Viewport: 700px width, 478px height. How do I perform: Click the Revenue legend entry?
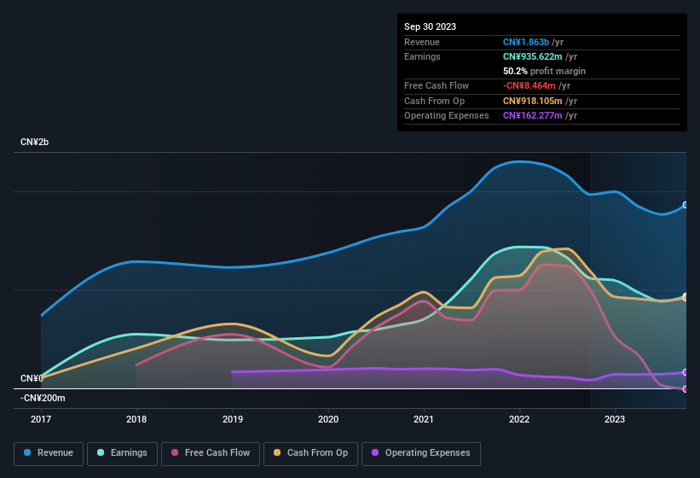(x=49, y=453)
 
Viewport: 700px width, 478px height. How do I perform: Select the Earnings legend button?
(x=123, y=453)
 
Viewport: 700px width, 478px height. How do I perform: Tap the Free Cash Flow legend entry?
(x=211, y=453)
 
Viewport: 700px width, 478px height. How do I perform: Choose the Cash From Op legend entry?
(x=310, y=453)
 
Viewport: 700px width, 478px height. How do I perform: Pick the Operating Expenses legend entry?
(x=421, y=453)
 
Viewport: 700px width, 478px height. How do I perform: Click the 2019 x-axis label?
(x=233, y=419)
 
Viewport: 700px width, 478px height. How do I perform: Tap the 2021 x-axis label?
(x=424, y=419)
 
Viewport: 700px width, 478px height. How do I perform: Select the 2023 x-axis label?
(x=615, y=419)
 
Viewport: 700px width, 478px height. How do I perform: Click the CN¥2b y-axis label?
(x=35, y=142)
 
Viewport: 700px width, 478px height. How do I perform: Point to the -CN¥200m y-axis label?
(x=43, y=398)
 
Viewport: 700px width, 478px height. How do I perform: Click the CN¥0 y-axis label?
(x=32, y=378)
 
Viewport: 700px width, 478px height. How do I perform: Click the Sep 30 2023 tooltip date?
(x=431, y=26)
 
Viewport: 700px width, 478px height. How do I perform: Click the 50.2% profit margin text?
(x=544, y=71)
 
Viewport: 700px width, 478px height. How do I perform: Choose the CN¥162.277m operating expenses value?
(x=533, y=115)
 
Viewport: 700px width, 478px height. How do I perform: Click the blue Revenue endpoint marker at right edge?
(x=686, y=205)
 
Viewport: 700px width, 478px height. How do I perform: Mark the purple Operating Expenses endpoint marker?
(x=686, y=372)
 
